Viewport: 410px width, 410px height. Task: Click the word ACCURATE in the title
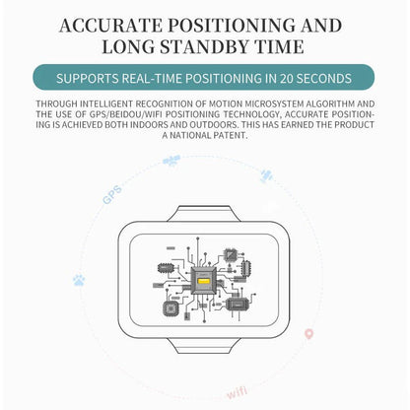[110, 26]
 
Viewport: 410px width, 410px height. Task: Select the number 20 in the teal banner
[286, 79]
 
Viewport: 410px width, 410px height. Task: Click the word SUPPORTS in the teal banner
[87, 79]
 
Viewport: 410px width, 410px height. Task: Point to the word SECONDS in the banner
[324, 79]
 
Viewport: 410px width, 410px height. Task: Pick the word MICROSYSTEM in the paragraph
[275, 103]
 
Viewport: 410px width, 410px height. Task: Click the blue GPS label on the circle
[112, 195]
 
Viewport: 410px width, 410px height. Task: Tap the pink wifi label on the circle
[237, 392]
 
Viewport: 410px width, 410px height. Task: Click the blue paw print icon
[79, 280]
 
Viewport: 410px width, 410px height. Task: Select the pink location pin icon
[308, 333]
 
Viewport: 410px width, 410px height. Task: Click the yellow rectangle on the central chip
[204, 281]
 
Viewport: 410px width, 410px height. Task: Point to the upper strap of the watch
[204, 214]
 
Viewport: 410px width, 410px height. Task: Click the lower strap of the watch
[204, 346]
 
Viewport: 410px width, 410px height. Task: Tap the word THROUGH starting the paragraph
[57, 103]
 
